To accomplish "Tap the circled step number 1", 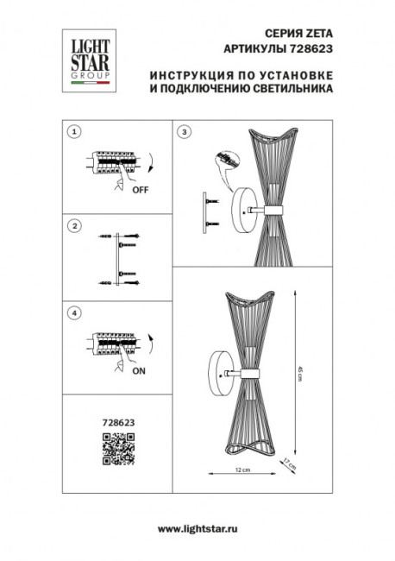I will tap(74, 132).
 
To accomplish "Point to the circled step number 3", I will tap(184, 132).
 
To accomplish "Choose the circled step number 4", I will tap(74, 312).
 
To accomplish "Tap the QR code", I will tap(119, 448).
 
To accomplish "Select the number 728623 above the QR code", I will tap(119, 423).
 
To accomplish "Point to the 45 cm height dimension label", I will tap(299, 372).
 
